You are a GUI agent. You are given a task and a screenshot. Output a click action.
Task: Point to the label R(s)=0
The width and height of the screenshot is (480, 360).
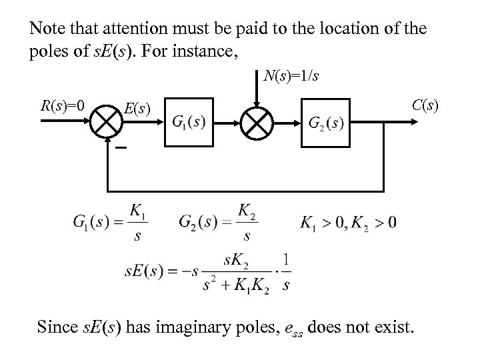coord(62,105)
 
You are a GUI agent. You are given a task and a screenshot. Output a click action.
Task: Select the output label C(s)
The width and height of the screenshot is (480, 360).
coord(425,105)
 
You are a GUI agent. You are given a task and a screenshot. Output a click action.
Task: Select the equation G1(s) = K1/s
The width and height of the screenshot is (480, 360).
coord(110,222)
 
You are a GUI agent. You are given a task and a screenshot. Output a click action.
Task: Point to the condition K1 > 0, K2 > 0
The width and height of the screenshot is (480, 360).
coord(347,221)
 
